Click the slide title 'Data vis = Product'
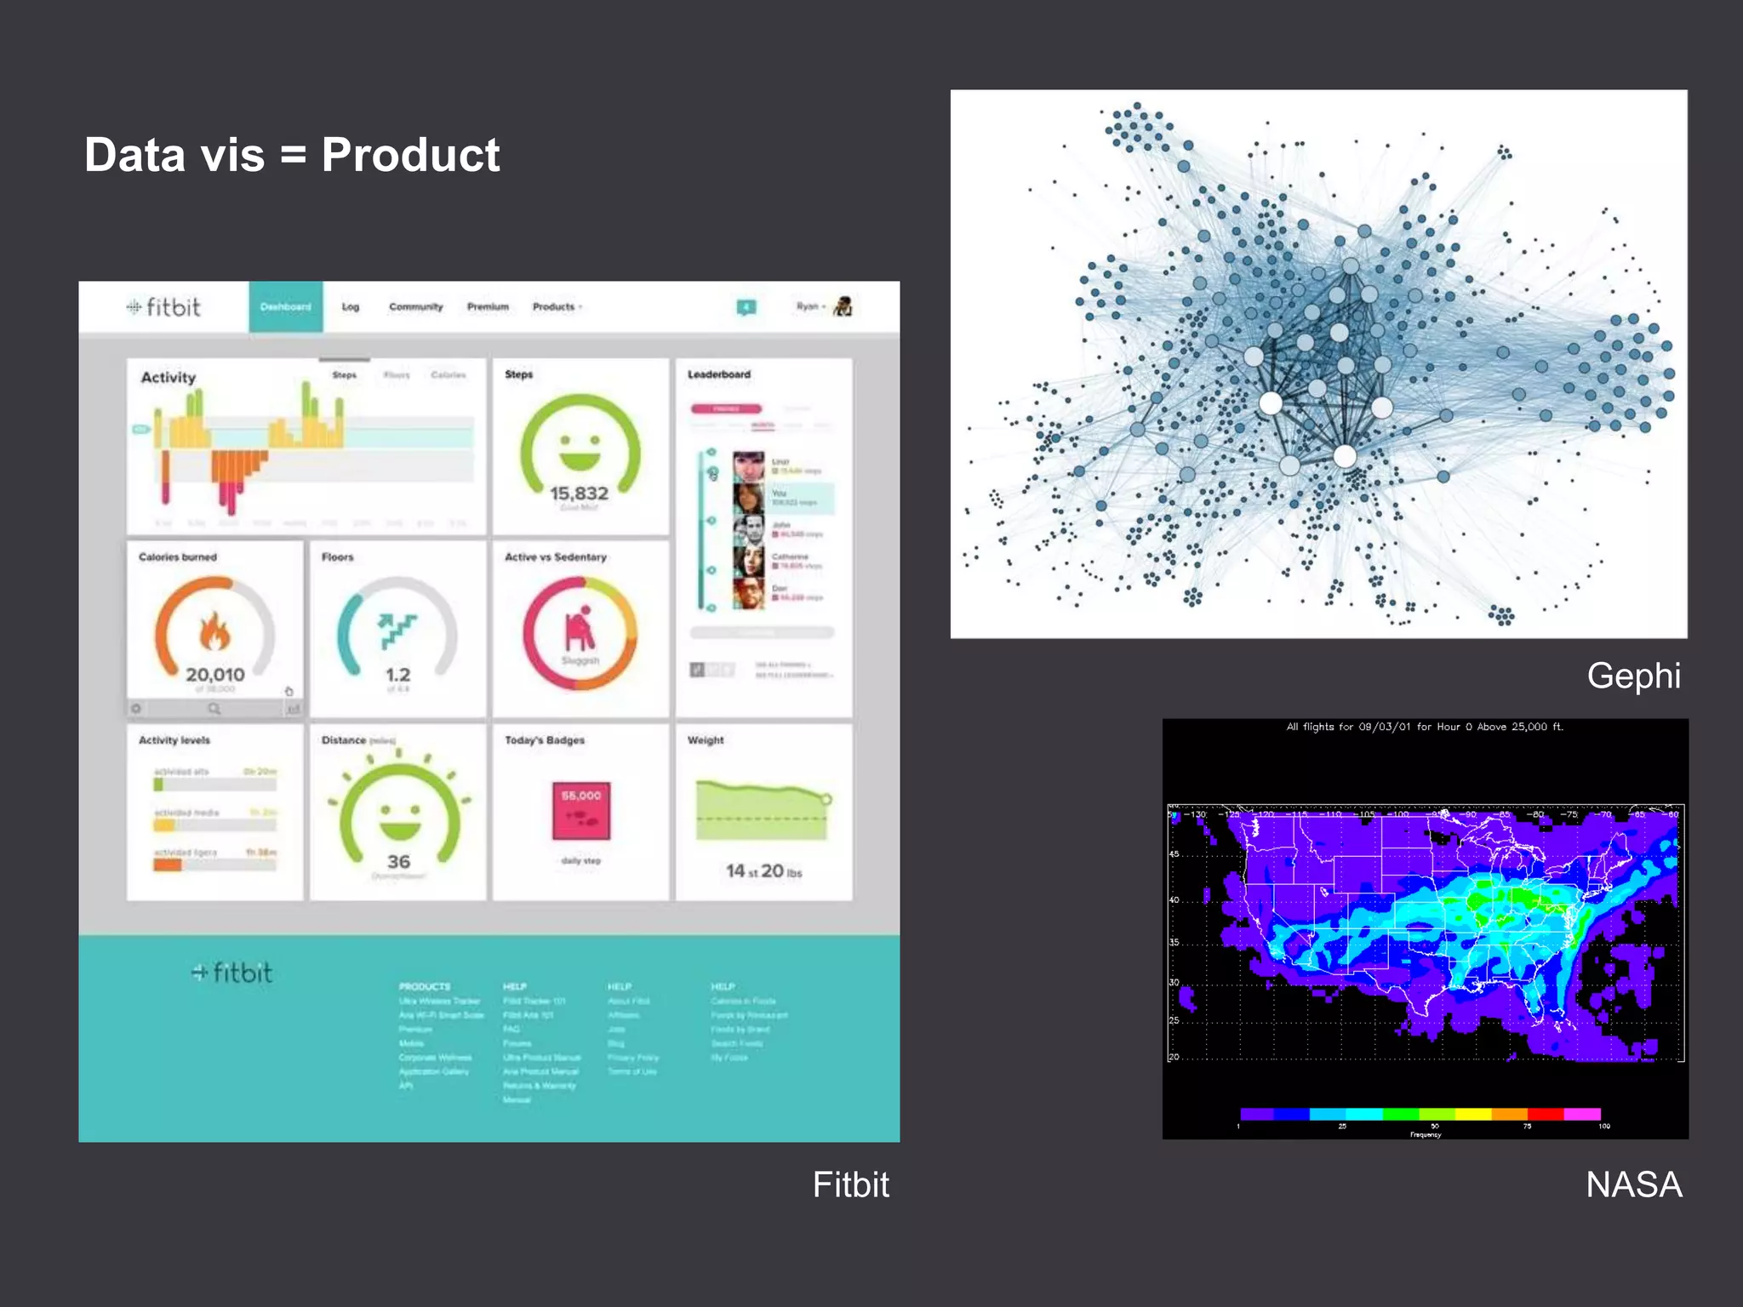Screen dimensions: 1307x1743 click(292, 155)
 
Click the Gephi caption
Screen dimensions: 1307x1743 click(1633, 676)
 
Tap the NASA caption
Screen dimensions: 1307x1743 click(1633, 1184)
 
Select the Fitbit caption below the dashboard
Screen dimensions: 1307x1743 click(850, 1184)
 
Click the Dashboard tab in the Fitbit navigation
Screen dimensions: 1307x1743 click(286, 307)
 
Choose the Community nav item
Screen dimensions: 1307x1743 click(416, 307)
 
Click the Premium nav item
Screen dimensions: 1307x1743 click(488, 307)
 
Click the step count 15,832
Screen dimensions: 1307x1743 click(579, 494)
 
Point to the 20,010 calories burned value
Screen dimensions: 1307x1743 click(215, 675)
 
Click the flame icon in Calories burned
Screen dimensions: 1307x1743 click(214, 631)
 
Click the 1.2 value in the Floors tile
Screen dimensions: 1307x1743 click(397, 675)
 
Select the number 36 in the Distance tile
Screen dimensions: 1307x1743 click(398, 862)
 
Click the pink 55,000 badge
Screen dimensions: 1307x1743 click(581, 810)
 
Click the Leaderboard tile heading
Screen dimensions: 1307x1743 click(719, 374)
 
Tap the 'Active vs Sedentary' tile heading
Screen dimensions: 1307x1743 click(556, 557)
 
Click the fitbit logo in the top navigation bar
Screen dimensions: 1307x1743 click(163, 307)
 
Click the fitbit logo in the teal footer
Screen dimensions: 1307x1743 click(232, 973)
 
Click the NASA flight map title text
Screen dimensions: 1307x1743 click(1425, 728)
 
